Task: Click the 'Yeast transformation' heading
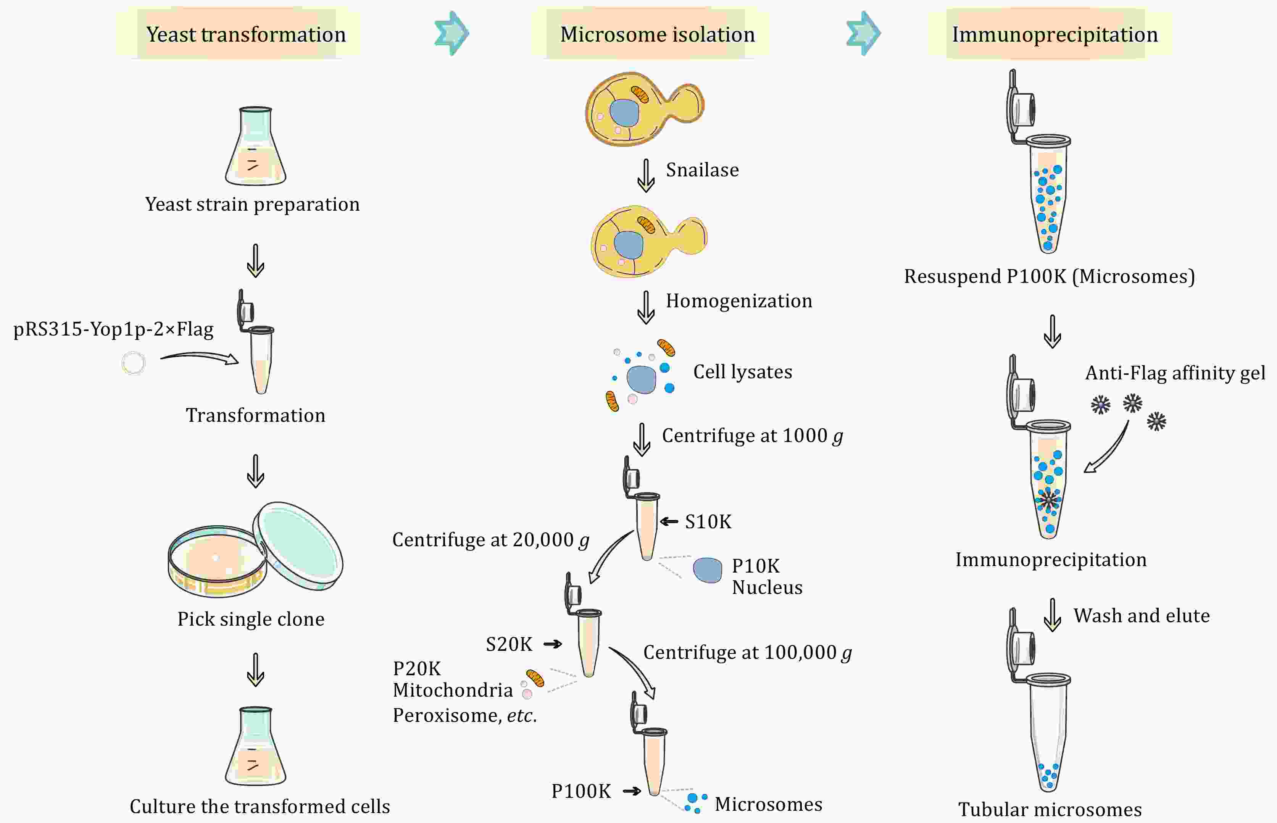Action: coord(246,35)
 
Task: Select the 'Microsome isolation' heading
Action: coord(657,35)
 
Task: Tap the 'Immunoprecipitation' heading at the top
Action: coord(1055,35)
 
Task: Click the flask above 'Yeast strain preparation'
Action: coord(255,147)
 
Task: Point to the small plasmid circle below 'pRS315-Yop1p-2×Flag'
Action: coord(133,363)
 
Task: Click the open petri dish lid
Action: coord(298,545)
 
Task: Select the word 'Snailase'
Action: coord(702,170)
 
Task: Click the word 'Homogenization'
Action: coord(738,301)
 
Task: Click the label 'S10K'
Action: coord(708,521)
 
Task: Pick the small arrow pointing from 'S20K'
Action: coord(553,644)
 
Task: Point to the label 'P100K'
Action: coord(581,791)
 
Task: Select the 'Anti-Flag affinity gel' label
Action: coord(1174,373)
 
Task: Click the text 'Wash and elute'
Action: coord(1141,616)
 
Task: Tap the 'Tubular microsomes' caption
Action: coord(1050,810)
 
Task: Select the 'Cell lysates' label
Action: coord(742,371)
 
